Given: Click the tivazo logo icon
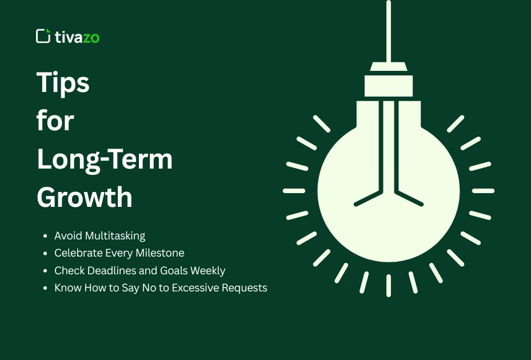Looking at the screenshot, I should click(43, 36).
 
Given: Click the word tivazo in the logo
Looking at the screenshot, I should click(77, 37).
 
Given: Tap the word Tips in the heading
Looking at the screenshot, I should click(63, 83).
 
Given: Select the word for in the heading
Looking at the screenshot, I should click(55, 121).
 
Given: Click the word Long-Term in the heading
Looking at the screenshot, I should click(105, 159).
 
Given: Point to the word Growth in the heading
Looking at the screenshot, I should click(85, 197).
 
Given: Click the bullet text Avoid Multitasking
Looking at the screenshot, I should click(99, 235).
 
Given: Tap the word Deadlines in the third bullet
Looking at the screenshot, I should click(109, 270).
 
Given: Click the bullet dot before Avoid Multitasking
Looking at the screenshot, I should click(46, 235).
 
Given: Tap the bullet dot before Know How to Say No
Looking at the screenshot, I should click(46, 287).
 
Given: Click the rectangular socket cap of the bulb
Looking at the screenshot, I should click(389, 86).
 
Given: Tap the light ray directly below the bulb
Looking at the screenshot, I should click(389, 285).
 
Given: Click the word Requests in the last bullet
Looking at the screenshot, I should click(245, 287).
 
